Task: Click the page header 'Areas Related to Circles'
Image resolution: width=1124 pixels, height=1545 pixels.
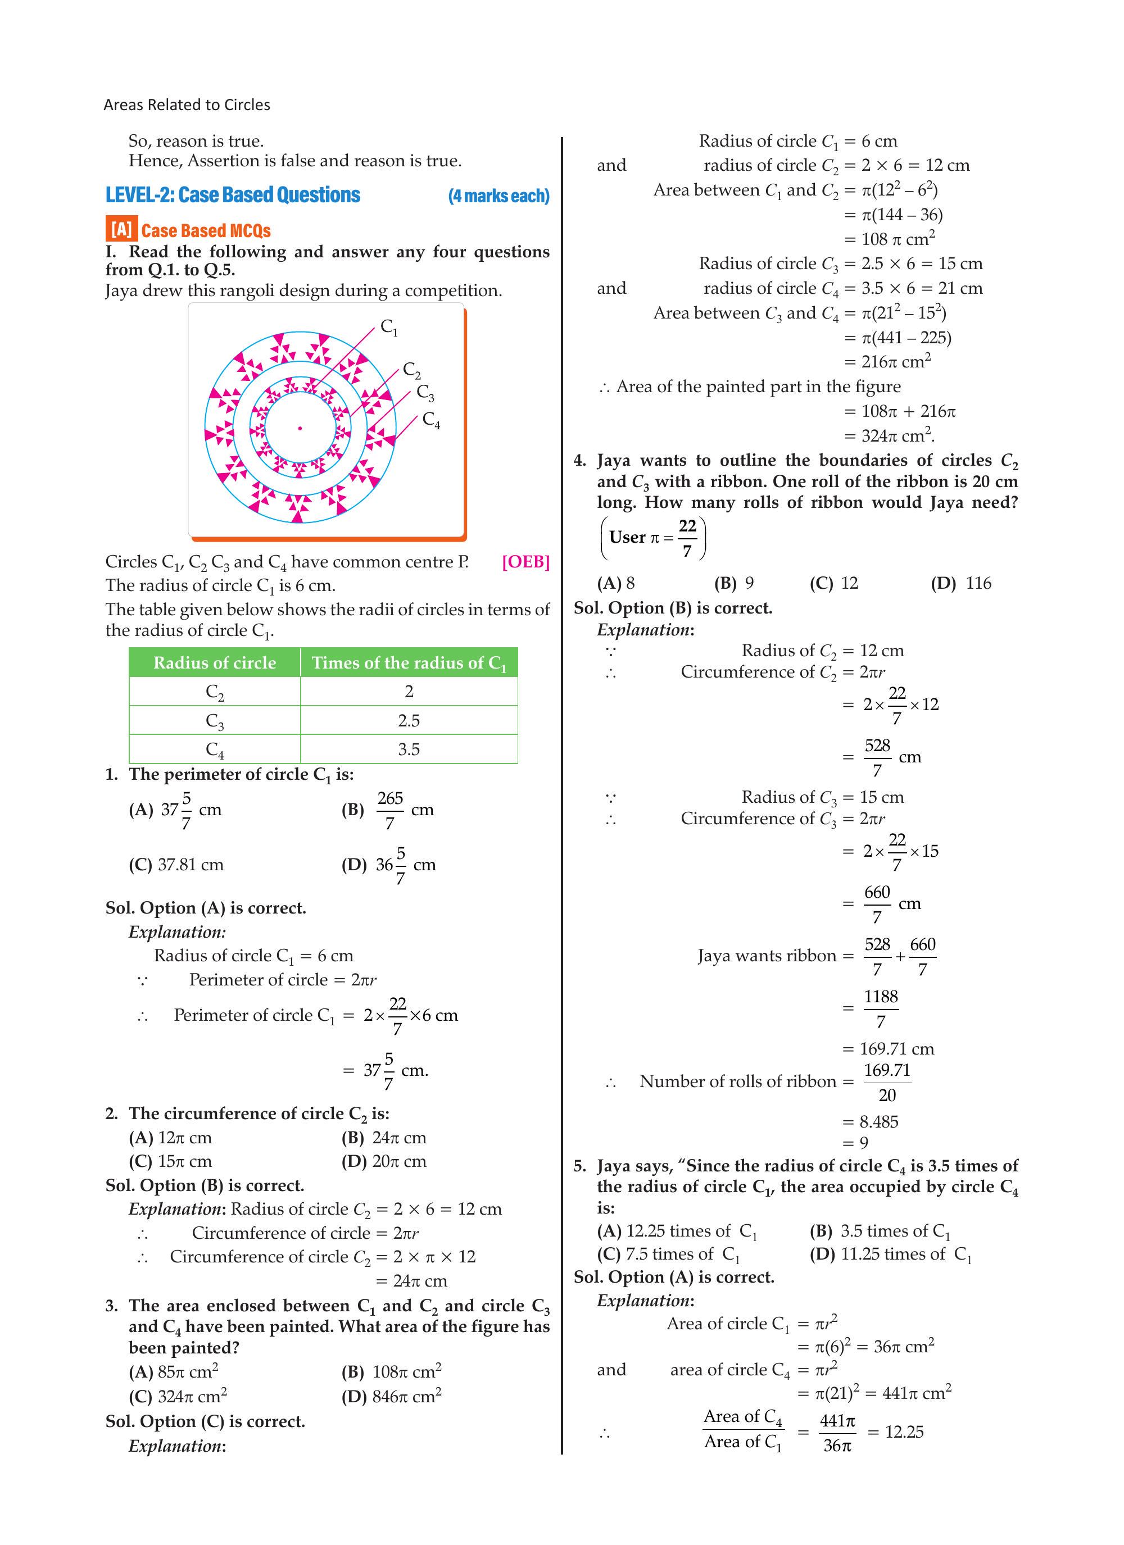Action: click(x=187, y=105)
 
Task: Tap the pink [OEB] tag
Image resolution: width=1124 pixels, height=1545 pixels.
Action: click(x=525, y=561)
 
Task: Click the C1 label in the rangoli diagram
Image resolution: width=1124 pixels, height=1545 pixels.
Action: click(x=388, y=327)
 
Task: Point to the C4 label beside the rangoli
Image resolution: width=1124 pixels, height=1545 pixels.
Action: click(x=431, y=420)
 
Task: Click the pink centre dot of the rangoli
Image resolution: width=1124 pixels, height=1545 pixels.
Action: click(x=300, y=429)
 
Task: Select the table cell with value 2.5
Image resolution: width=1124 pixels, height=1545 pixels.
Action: click(x=409, y=720)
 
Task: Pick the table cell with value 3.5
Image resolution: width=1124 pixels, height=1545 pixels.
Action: click(x=409, y=749)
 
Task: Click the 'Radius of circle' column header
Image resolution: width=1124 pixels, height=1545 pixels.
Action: click(x=215, y=663)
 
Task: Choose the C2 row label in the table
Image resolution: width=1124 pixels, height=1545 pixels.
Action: click(x=215, y=692)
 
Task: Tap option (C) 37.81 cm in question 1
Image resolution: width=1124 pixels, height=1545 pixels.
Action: click(x=176, y=865)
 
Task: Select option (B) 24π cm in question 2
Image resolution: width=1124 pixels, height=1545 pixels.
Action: click(x=384, y=1138)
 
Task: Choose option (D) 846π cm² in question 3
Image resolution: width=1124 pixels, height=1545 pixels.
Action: click(x=391, y=1397)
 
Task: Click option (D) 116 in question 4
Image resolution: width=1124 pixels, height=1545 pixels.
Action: click(x=961, y=583)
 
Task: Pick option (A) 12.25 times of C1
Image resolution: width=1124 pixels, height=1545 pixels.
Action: click(x=677, y=1231)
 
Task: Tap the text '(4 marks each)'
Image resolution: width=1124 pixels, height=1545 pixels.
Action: click(x=498, y=196)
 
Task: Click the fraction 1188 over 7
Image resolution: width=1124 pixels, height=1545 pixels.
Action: click(x=881, y=1008)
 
